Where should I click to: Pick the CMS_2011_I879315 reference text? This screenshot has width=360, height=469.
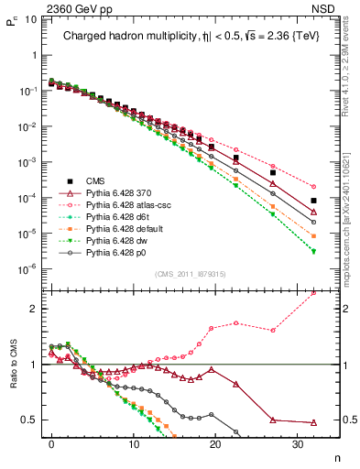tap(192, 274)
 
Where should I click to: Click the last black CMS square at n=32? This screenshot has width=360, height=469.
tap(313, 201)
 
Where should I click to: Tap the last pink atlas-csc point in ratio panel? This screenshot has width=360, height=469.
tap(313, 293)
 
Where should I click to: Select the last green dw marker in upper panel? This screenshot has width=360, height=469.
tap(313, 251)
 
